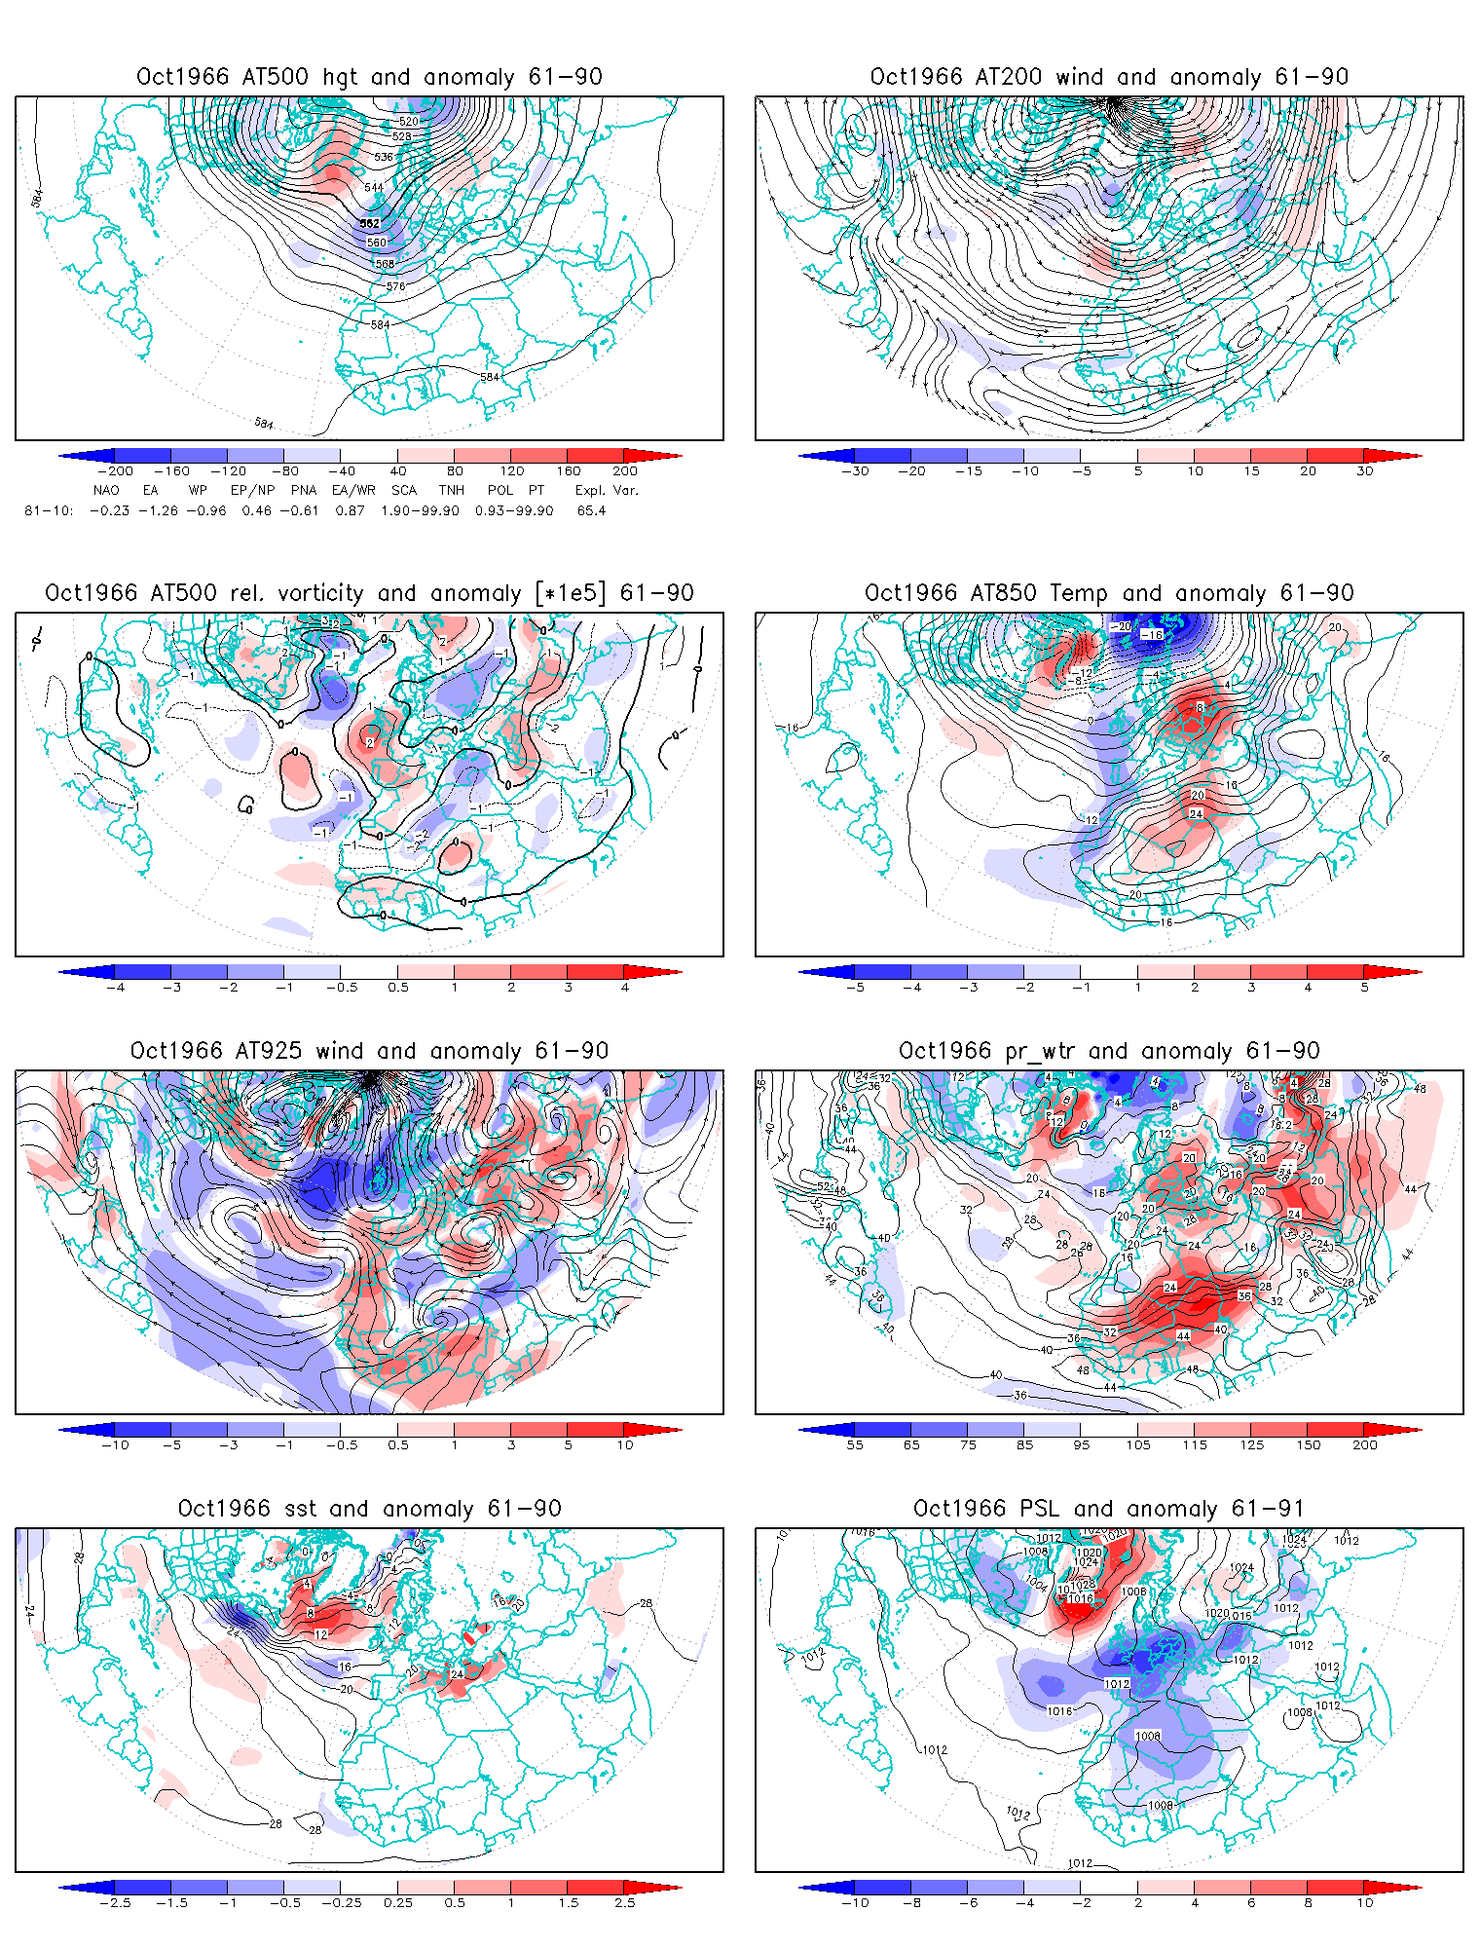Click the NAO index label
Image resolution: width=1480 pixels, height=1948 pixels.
106,490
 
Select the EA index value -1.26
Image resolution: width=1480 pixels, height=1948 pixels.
158,510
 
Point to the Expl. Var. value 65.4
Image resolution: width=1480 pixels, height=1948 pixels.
591,510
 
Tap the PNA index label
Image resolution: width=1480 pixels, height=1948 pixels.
304,490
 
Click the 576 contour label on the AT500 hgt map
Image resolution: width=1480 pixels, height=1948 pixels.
395,286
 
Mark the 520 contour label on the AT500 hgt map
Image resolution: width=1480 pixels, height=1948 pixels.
409,122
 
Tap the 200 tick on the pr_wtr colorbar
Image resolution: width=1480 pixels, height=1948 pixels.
1365,1444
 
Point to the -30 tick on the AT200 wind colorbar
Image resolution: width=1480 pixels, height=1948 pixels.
855,470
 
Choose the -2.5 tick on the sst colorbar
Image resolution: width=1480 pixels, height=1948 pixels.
115,1902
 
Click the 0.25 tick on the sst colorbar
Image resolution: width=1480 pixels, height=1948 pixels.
397,1902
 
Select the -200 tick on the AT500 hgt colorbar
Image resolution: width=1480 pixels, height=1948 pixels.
115,470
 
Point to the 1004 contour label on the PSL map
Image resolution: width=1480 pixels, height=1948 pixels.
1036,1583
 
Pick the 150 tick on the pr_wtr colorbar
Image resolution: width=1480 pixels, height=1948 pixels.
1309,1444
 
